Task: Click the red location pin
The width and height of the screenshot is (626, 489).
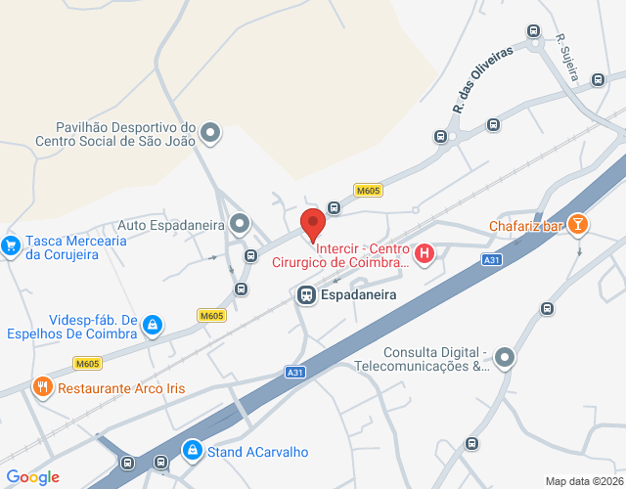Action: [x=312, y=224]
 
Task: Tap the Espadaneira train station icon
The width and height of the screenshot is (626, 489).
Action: [x=305, y=293]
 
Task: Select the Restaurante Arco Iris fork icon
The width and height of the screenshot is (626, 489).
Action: [x=42, y=387]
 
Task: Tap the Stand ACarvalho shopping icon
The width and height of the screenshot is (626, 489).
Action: [x=193, y=451]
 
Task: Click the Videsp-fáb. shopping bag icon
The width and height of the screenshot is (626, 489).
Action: [x=152, y=323]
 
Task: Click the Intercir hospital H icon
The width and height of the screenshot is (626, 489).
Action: [x=425, y=255]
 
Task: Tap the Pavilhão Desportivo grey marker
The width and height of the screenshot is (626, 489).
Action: [x=210, y=132]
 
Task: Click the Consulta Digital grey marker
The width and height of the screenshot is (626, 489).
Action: [x=504, y=358]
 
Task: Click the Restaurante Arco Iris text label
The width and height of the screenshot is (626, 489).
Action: [x=121, y=388]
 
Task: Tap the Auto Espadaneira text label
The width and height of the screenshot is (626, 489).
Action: [x=172, y=225]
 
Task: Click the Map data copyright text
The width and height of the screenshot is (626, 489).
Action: [x=584, y=481]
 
